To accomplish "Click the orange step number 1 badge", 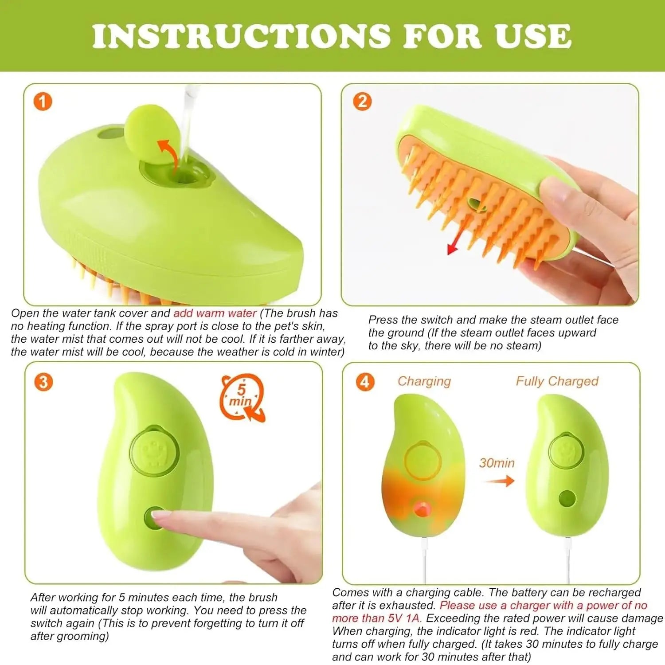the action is pyautogui.click(x=43, y=102).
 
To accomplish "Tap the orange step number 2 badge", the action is pyautogui.click(x=362, y=102).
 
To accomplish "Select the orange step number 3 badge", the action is pyautogui.click(x=43, y=382).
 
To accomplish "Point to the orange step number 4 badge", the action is pyautogui.click(x=365, y=382).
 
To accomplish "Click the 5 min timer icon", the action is pyautogui.click(x=243, y=397).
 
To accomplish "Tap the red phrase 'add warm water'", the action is pyautogui.click(x=215, y=313).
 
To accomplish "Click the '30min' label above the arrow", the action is pyautogui.click(x=497, y=463).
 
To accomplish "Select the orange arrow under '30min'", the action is pyautogui.click(x=499, y=481).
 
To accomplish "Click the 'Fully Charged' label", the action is pyautogui.click(x=557, y=381).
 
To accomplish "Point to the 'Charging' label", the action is pyautogui.click(x=424, y=381).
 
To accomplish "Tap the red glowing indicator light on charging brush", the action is pyautogui.click(x=422, y=509).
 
